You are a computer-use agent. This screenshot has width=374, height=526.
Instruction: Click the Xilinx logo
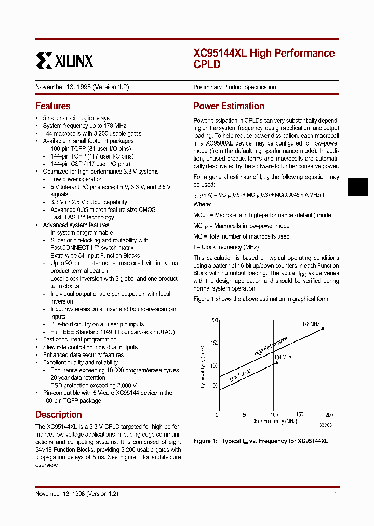65,60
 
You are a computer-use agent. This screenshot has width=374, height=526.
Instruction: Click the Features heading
52,106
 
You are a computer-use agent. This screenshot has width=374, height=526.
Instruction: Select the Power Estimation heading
229,106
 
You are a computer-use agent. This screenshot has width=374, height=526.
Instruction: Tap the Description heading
58,415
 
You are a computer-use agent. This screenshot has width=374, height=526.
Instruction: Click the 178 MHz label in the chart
311,324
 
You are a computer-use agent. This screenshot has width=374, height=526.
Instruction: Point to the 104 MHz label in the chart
283,357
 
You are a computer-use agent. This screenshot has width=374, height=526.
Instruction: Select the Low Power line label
239,375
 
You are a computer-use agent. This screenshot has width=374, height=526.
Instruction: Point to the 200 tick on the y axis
214,321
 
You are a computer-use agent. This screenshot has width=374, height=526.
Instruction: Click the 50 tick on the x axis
245,415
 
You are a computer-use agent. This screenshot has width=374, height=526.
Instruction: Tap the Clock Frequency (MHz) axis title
274,421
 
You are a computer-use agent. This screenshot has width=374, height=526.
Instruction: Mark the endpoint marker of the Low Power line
276,363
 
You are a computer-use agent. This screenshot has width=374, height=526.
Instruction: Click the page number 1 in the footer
336,494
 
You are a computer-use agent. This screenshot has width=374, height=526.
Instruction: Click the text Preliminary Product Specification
235,87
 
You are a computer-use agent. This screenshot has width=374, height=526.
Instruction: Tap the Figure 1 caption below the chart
261,441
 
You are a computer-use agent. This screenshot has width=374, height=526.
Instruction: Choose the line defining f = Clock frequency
226,247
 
